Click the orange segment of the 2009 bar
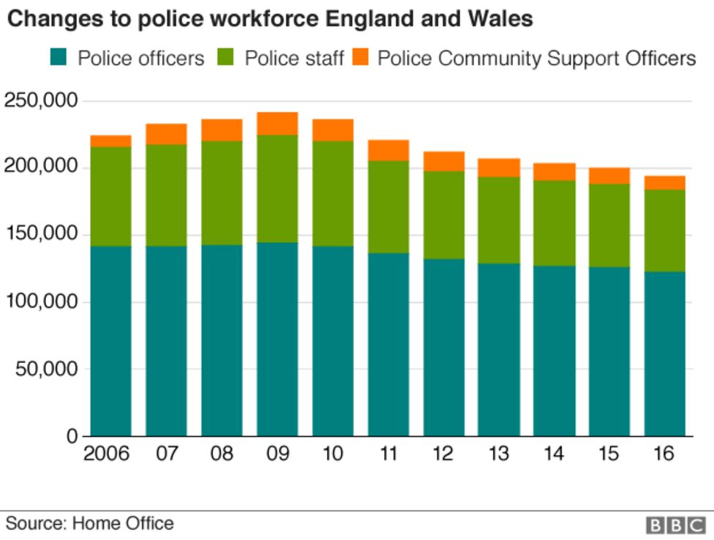[277, 124]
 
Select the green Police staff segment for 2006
[111, 196]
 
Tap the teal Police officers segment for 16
[664, 354]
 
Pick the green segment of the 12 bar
[443, 214]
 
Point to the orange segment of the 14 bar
[554, 171]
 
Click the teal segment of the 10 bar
[333, 341]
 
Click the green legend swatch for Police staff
[226, 58]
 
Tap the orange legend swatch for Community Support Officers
[359, 58]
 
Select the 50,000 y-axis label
[45, 369]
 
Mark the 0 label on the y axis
[71, 436]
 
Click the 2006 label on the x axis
[107, 454]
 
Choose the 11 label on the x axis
[388, 454]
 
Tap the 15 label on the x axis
[609, 454]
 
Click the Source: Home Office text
[90, 523]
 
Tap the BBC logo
[675, 525]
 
